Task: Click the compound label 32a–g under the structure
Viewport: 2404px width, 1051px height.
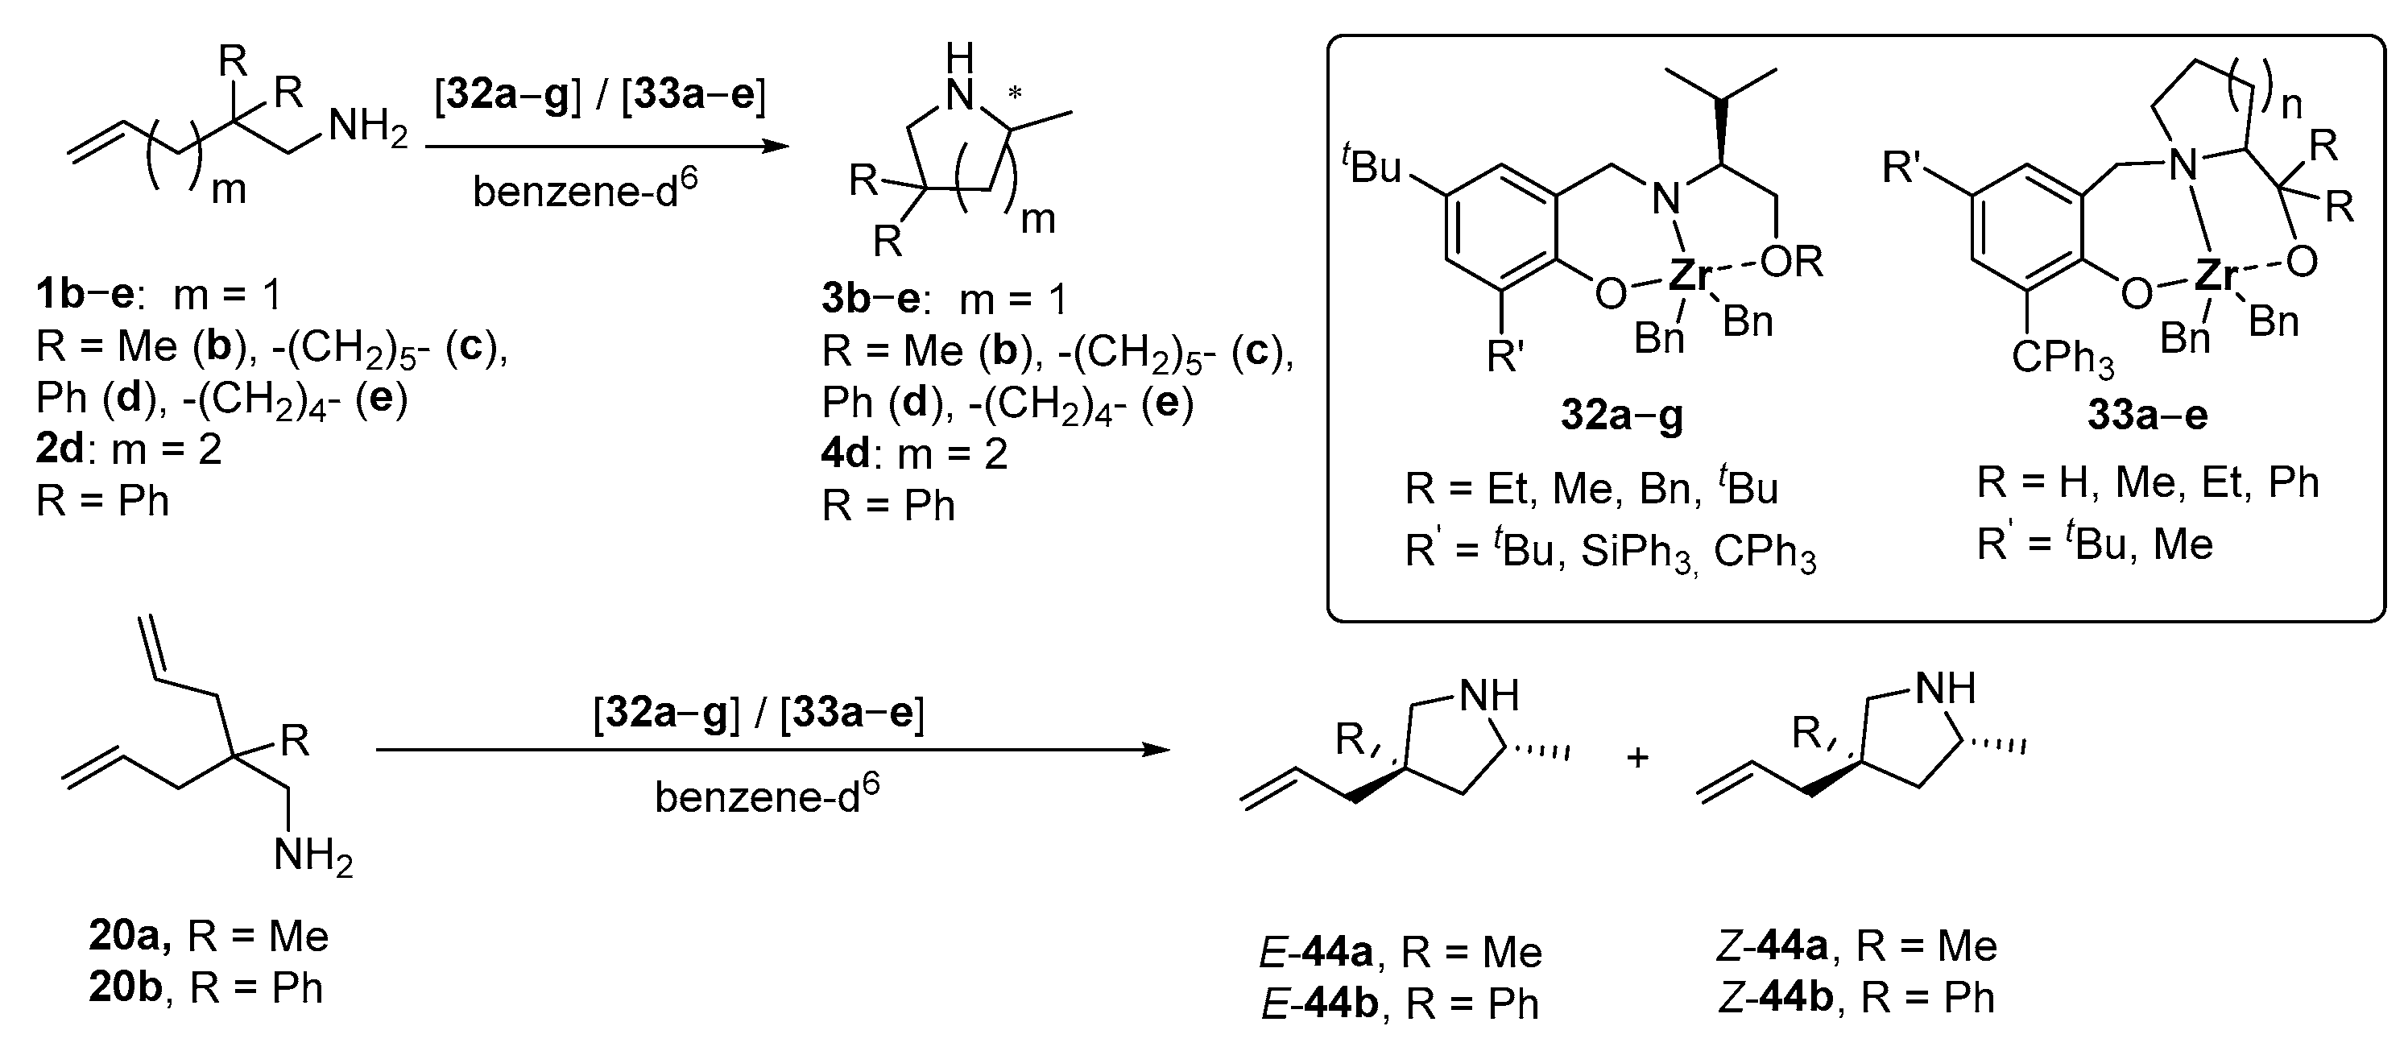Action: pyautogui.click(x=1622, y=416)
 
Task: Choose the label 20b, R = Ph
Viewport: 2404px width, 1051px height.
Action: pyautogui.click(x=206, y=987)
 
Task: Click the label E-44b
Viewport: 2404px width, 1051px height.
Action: pyautogui.click(x=1317, y=1003)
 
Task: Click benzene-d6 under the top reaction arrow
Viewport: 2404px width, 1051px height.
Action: pyautogui.click(x=585, y=190)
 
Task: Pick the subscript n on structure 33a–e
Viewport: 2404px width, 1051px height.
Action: pyautogui.click(x=2292, y=106)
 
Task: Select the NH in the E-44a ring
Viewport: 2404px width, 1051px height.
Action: pyautogui.click(x=1488, y=695)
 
